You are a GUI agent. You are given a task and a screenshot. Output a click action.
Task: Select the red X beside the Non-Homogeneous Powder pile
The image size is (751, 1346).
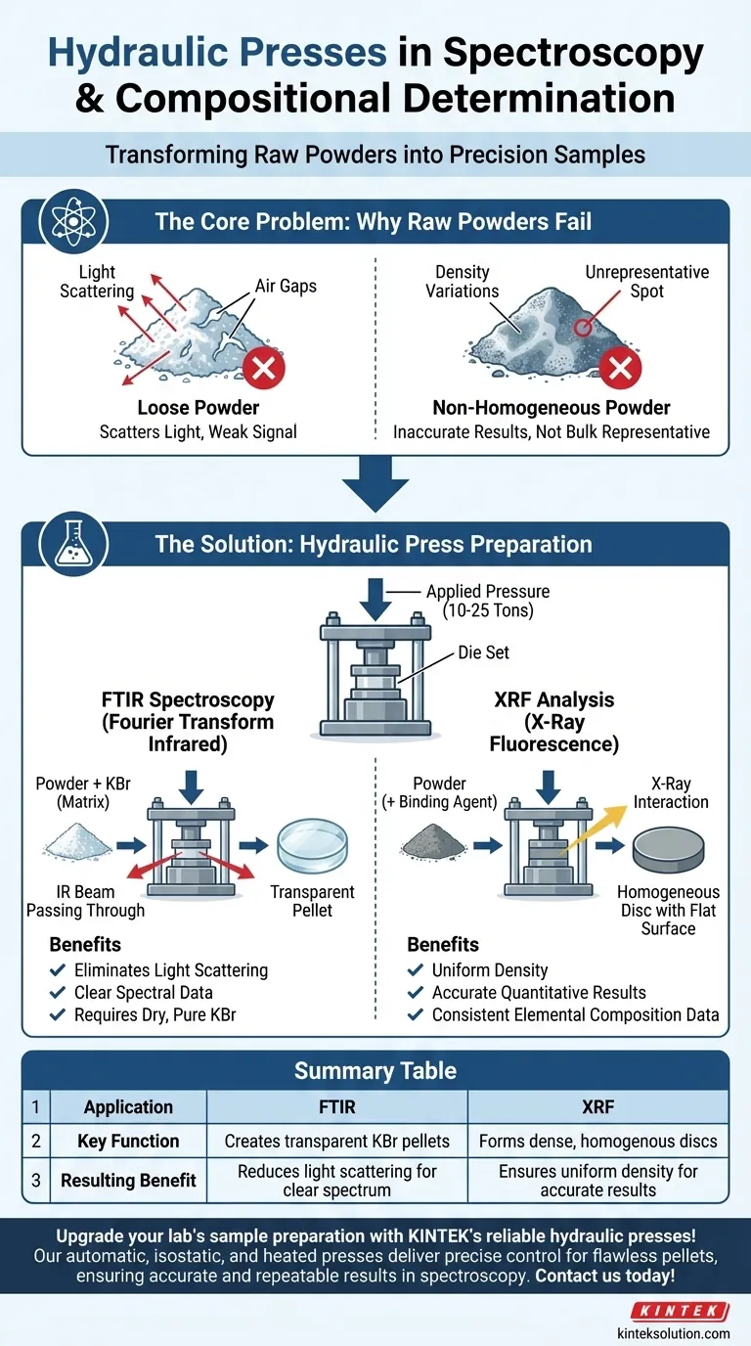619,368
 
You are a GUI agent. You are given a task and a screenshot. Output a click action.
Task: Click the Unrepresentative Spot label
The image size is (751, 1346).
647,281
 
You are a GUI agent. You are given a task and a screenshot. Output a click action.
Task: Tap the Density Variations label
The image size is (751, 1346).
462,281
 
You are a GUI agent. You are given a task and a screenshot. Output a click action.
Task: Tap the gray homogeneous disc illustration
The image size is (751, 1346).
670,849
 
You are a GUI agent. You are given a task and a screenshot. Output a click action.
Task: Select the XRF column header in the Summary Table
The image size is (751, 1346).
597,1106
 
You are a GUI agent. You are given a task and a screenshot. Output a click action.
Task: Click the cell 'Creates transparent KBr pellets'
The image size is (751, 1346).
337,1141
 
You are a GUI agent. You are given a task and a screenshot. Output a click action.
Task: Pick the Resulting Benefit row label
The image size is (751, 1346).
127,1180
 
